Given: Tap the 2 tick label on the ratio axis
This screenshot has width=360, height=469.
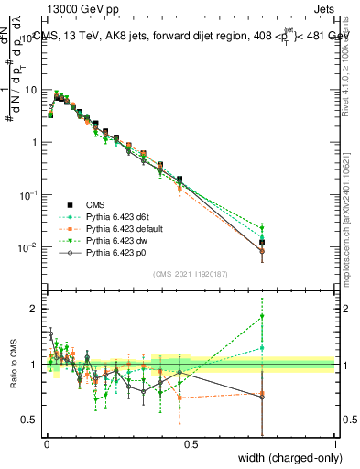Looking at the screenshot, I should [34, 309].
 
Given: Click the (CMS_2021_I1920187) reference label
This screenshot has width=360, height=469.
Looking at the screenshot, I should [191, 274].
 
